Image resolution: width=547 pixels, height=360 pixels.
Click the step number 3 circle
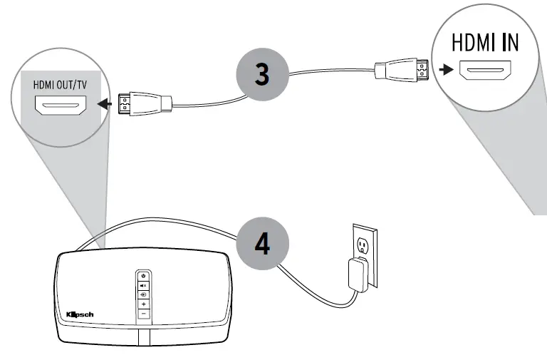click(x=262, y=73)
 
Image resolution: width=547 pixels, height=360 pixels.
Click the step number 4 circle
click(x=262, y=243)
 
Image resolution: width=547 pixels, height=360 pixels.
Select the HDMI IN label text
click(x=486, y=42)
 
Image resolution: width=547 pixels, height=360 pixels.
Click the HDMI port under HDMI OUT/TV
click(x=61, y=107)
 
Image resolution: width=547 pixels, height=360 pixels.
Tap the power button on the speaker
click(x=143, y=275)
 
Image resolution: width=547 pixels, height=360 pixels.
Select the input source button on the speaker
click(x=143, y=294)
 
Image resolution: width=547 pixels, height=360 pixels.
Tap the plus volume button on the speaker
click(x=143, y=304)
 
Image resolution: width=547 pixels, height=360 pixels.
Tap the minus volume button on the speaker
click(x=143, y=314)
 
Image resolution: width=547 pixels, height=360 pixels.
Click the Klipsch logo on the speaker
click(x=79, y=314)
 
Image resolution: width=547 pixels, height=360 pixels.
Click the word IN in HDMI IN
click(x=509, y=42)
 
